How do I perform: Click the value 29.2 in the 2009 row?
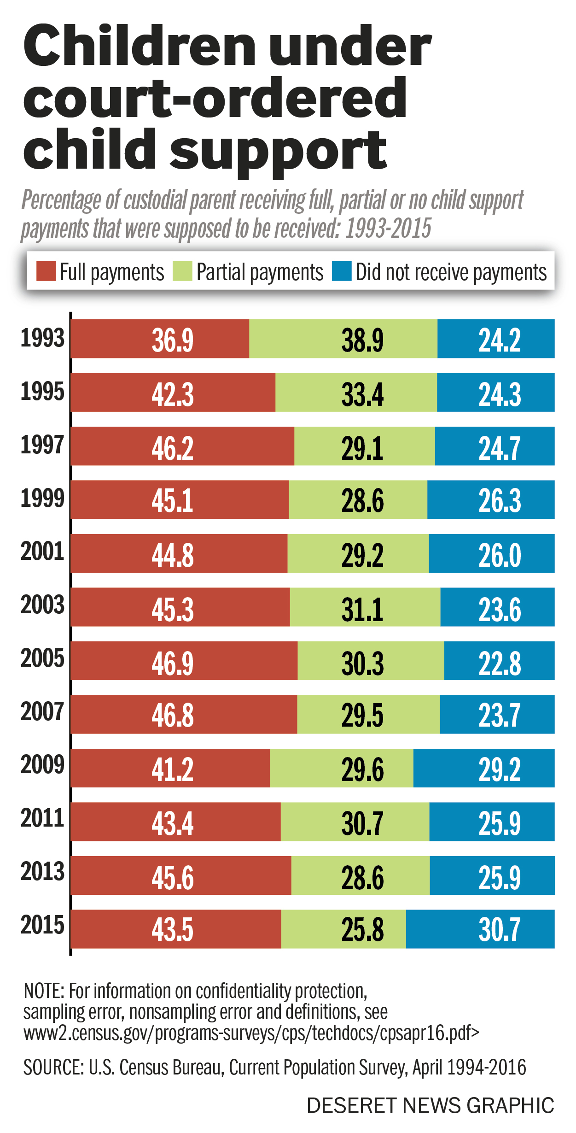(500, 769)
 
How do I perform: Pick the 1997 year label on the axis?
(42, 445)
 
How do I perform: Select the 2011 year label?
(42, 818)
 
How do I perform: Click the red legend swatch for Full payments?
(46, 271)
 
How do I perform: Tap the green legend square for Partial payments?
(182, 271)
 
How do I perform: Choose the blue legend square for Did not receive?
(342, 271)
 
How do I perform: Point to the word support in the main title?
(279, 150)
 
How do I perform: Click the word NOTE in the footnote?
(44, 991)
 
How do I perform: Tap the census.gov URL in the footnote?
(251, 1033)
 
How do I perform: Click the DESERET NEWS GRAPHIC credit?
(431, 1105)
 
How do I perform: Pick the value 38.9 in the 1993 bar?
(362, 340)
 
